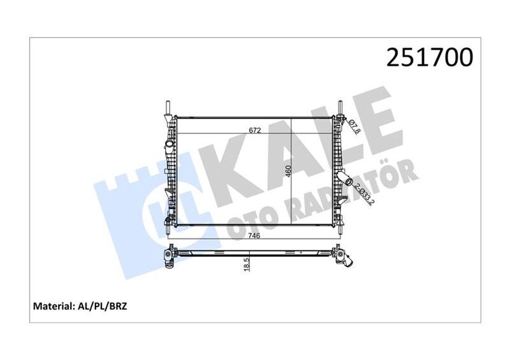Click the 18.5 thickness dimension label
pos(246,262)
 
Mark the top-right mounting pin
pos(339,106)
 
